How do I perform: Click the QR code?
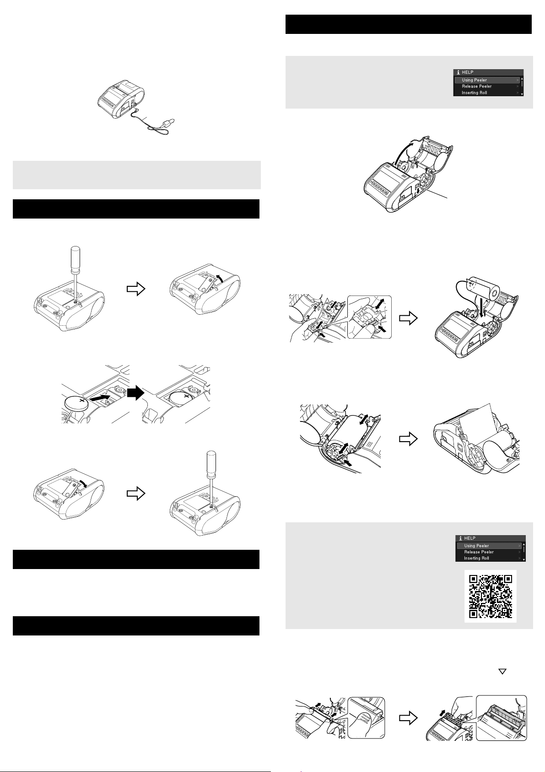490,596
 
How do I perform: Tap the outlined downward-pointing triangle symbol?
502,671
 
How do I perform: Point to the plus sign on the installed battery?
187,397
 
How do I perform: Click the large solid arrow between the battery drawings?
136,393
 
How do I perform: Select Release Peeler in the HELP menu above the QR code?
479,552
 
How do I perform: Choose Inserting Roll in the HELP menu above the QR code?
476,558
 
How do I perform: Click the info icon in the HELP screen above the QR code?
460,538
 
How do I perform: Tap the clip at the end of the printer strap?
171,122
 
